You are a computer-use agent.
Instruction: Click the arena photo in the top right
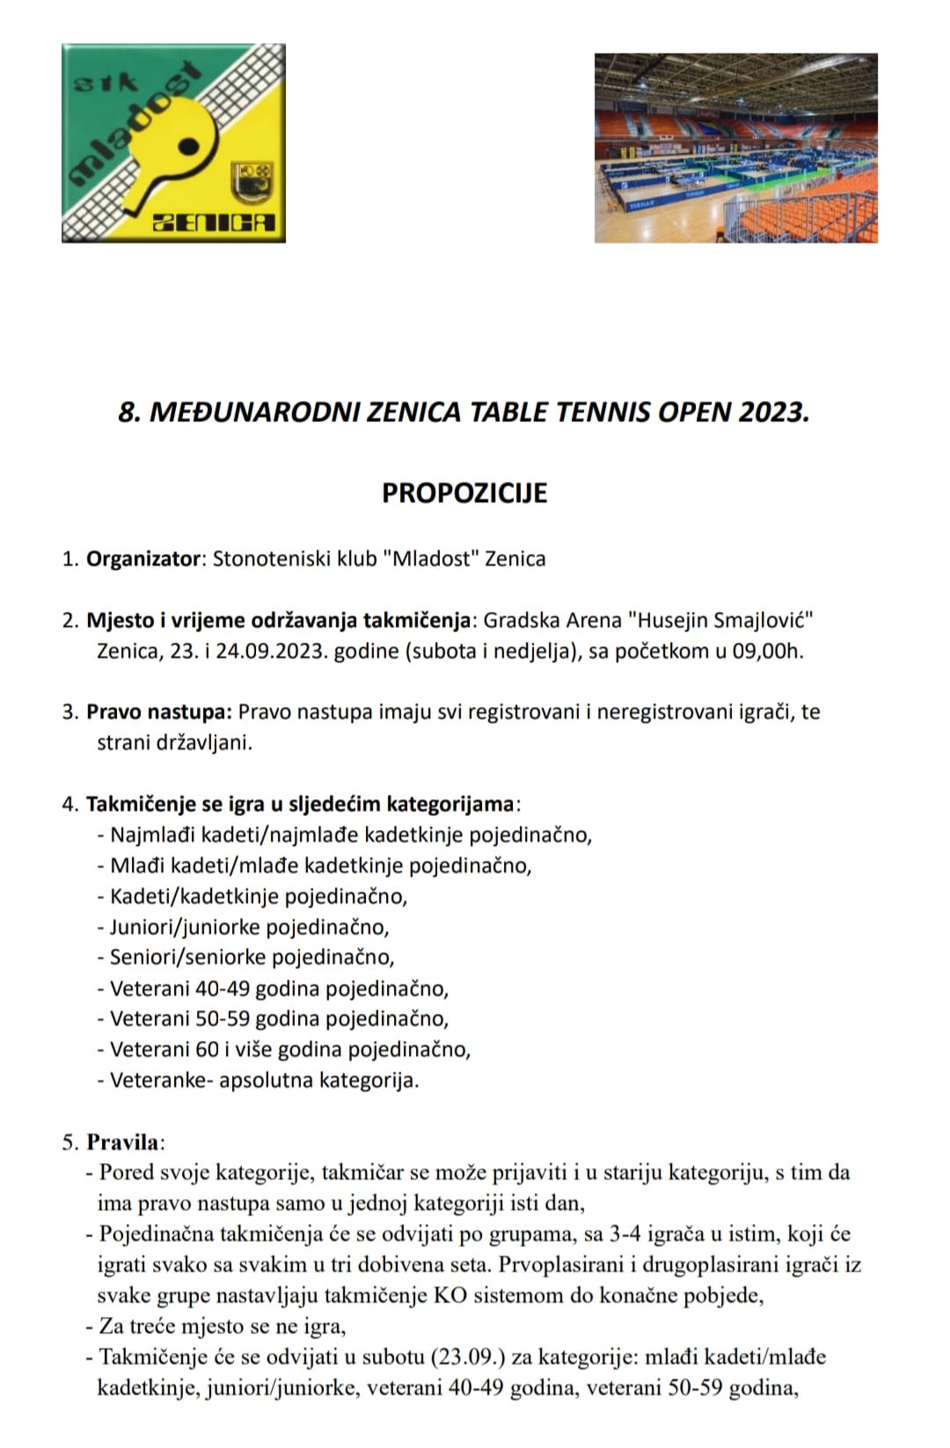[x=735, y=148]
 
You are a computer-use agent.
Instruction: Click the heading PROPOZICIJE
[x=464, y=492]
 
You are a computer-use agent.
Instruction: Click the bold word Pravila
[x=123, y=1142]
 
